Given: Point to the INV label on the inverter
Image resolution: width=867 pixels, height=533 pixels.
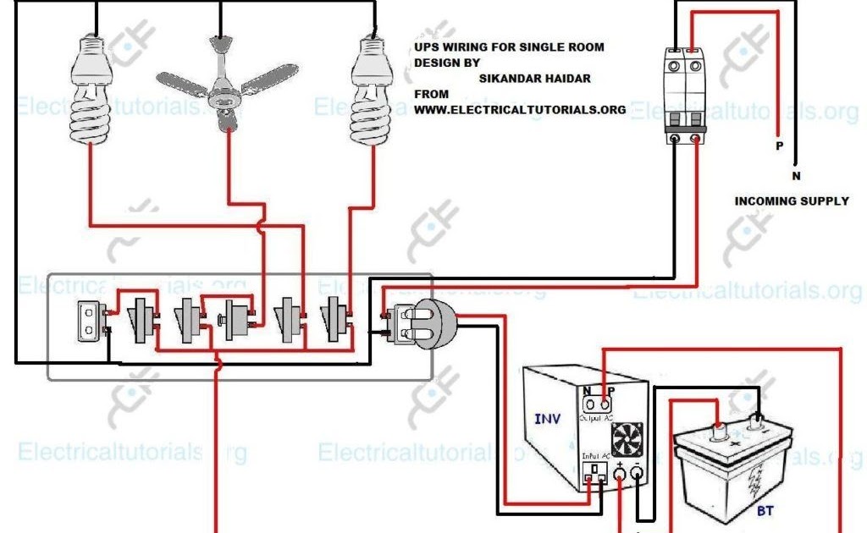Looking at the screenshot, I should pyautogui.click(x=547, y=419).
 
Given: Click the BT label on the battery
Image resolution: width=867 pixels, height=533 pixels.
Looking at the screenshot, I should pyautogui.click(x=765, y=510).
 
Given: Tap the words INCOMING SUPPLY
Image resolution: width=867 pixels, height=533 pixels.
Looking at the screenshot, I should pyautogui.click(x=791, y=201).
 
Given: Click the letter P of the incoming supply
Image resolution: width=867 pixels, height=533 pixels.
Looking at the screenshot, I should pyautogui.click(x=779, y=146).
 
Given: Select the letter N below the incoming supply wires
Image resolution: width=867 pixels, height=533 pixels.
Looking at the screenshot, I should pyautogui.click(x=796, y=176).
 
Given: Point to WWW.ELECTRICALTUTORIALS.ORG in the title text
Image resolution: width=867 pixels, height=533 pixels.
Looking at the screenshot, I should pyautogui.click(x=520, y=109).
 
